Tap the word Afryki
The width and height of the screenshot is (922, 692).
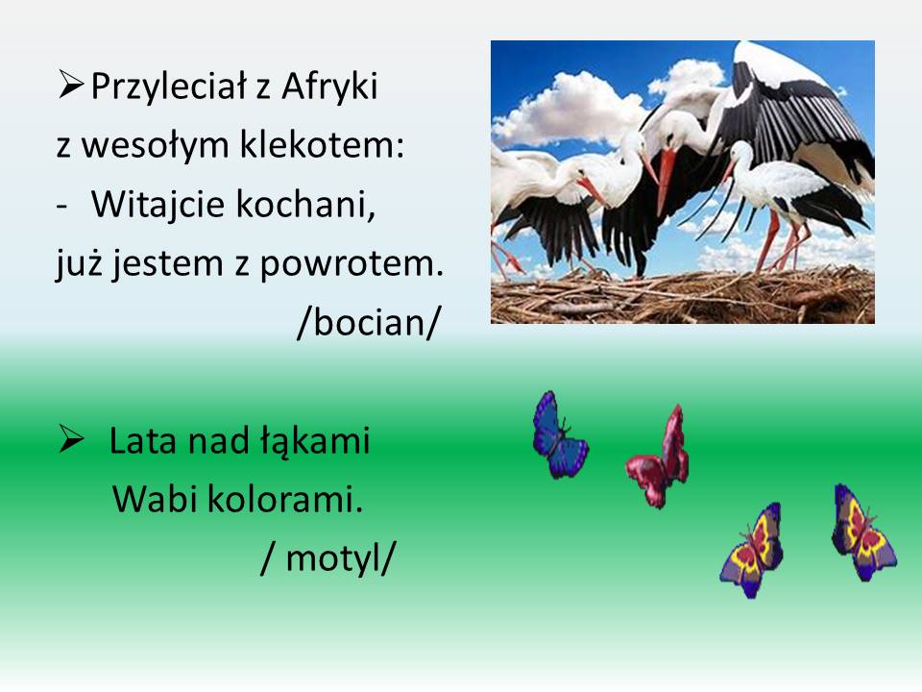329,86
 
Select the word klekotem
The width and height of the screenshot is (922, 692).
323,144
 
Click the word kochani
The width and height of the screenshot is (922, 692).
305,204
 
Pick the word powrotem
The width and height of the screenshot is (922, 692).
352,264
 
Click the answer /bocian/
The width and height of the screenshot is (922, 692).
369,323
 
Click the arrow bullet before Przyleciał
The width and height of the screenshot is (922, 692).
70,85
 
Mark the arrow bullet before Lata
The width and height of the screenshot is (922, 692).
70,439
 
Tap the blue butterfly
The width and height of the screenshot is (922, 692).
559,435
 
